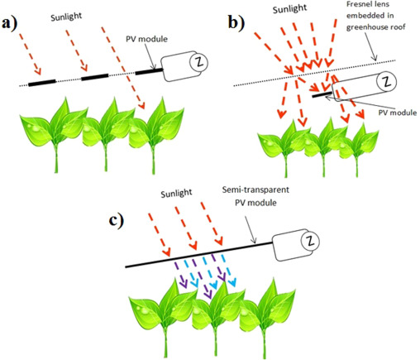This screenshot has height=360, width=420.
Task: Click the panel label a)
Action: tap(9, 24)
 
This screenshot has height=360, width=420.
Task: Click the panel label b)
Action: tap(236, 23)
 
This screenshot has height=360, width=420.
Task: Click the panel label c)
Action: tap(117, 221)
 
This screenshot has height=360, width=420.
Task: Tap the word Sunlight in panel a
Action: tap(66, 17)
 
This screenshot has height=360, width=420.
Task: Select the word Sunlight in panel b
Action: tap(289, 9)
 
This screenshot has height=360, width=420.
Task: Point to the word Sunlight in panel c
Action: tap(176, 193)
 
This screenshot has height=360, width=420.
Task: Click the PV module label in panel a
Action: tap(146, 39)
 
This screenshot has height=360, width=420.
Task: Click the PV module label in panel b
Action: tap(398, 113)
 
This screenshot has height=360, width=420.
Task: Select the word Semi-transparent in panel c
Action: tap(255, 190)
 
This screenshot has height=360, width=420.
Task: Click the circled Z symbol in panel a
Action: tap(198, 62)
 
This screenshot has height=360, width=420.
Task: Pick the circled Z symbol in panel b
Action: tap(387, 82)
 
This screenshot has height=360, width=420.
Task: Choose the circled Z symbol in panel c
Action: tap(310, 242)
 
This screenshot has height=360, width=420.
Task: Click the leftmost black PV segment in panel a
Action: tap(42, 83)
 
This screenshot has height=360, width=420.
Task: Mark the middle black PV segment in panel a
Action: tap(95, 77)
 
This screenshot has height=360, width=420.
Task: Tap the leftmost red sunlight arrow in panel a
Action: tap(30, 54)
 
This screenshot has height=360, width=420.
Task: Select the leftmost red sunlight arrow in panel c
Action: tap(160, 234)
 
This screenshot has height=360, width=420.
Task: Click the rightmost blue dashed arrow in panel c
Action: tap(228, 271)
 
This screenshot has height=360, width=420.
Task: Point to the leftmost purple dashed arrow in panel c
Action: tap(180, 275)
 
